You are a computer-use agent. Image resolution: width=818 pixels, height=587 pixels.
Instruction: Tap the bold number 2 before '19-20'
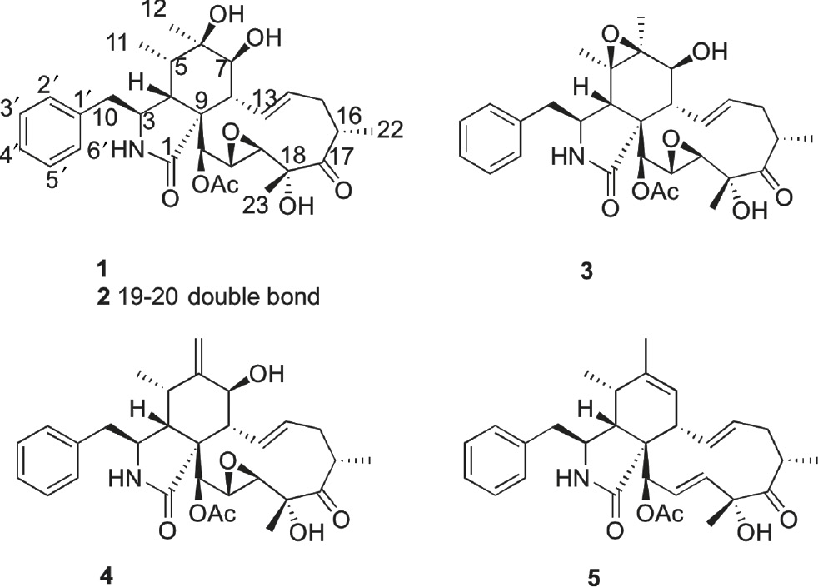tap(104, 296)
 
